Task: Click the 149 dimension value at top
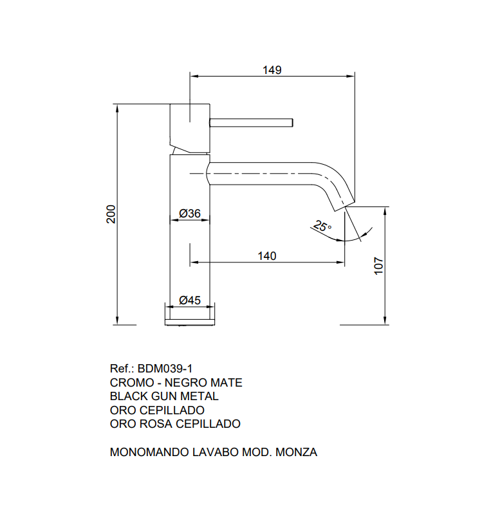click(x=272, y=69)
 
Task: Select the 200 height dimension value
click(x=111, y=214)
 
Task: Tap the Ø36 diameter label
click(x=190, y=213)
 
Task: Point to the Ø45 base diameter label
click(x=190, y=299)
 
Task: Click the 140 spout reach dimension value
click(x=266, y=256)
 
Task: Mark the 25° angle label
click(x=322, y=226)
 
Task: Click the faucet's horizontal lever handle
click(x=251, y=122)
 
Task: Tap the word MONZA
click(x=296, y=452)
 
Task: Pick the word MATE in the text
click(x=227, y=383)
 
